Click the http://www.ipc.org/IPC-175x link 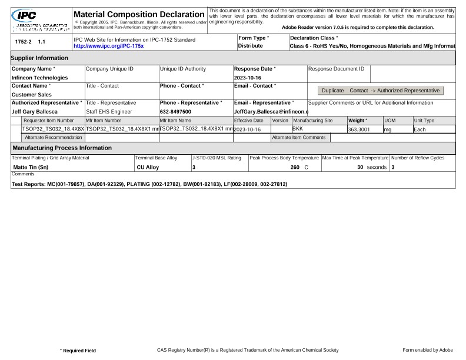pos(108,46)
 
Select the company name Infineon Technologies pos(39,78)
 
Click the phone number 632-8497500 pos(177,111)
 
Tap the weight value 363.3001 pos(359,129)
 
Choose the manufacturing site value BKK pos(298,129)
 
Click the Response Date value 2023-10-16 pos(248,78)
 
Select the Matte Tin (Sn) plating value pos(30,168)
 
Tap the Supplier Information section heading pos(39,58)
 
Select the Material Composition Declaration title pos(138,14)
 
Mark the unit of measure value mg pos(387,129)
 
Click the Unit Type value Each pos(420,129)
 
